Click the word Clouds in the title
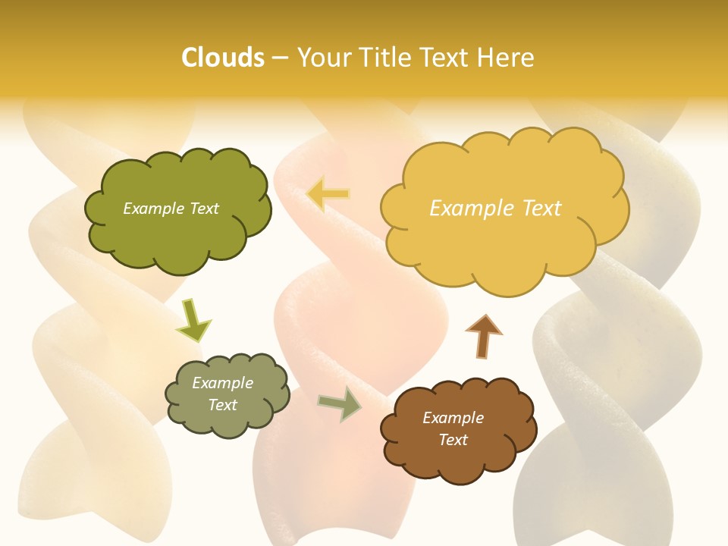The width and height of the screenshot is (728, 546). coord(222,58)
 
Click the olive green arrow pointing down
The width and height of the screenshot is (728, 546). coord(193,319)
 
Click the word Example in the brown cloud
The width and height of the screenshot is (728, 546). coord(453,418)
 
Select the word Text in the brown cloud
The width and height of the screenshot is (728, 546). coord(453,440)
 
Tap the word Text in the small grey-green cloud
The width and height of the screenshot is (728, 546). coord(222,405)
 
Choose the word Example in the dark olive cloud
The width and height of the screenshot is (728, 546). coord(153,209)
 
